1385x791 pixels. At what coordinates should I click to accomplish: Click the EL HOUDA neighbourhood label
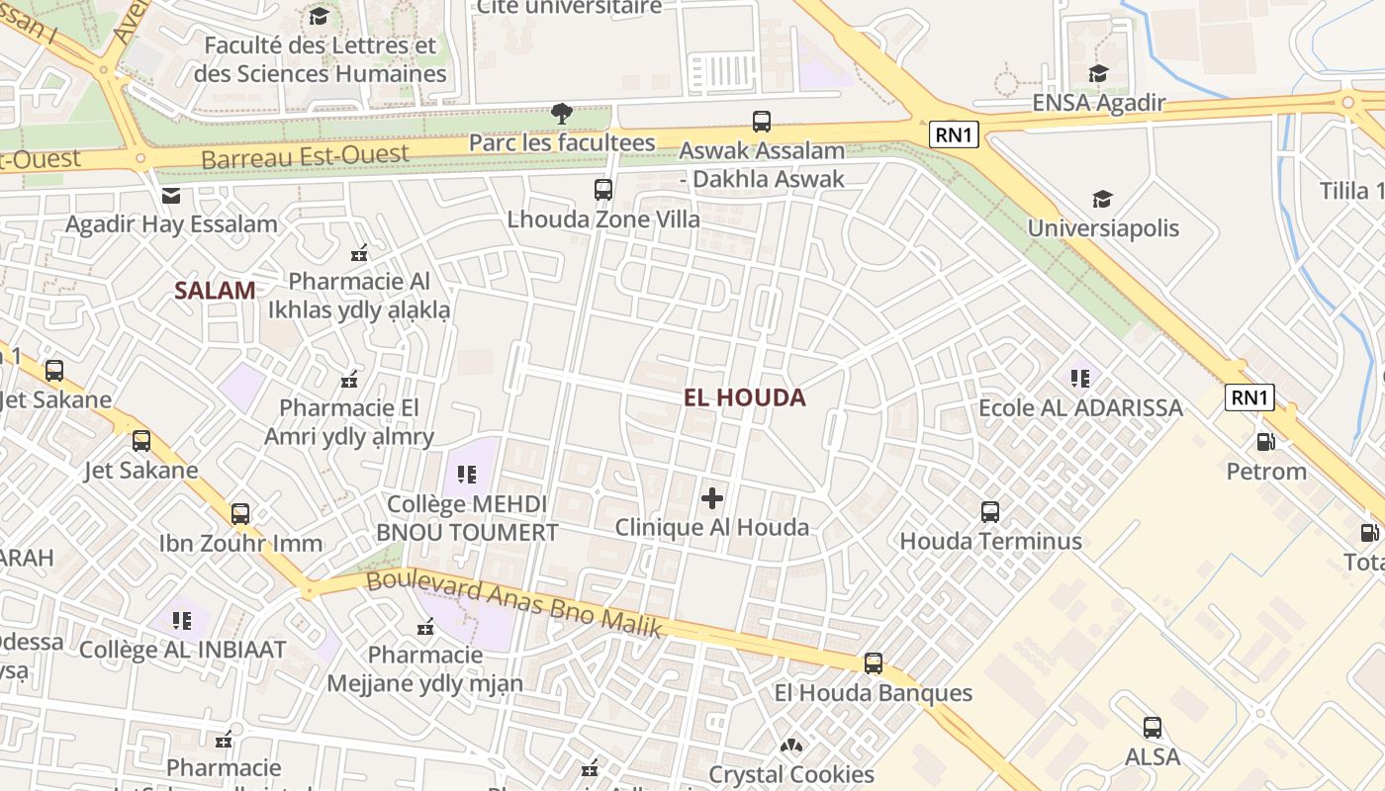pyautogui.click(x=745, y=397)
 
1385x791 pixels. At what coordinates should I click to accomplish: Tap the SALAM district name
pyautogui.click(x=215, y=291)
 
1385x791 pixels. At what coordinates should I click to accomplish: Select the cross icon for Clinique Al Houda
pyautogui.click(x=712, y=498)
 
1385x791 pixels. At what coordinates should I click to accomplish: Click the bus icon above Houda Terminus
pyautogui.click(x=990, y=512)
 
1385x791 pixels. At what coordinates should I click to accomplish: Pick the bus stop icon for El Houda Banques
pyautogui.click(x=874, y=663)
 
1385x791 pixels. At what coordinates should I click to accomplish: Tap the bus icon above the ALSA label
pyautogui.click(x=1153, y=728)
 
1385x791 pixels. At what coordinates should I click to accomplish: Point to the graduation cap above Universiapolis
pyautogui.click(x=1102, y=200)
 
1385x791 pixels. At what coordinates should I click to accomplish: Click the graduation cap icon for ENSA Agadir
pyautogui.click(x=1098, y=74)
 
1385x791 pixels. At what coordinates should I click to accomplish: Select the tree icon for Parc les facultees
pyautogui.click(x=562, y=113)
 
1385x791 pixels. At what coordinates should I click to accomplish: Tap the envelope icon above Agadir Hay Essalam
pyautogui.click(x=171, y=196)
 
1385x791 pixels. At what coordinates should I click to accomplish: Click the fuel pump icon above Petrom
pyautogui.click(x=1265, y=442)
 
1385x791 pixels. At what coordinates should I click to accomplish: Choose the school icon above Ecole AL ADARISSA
pyautogui.click(x=1079, y=378)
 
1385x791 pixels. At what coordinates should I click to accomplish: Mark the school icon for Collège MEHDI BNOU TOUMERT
pyautogui.click(x=467, y=475)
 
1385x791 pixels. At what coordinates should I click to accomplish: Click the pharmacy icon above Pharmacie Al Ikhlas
pyautogui.click(x=359, y=253)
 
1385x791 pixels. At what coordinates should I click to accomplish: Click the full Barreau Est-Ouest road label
pyautogui.click(x=305, y=155)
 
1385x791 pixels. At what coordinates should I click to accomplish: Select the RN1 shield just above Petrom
pyautogui.click(x=1249, y=397)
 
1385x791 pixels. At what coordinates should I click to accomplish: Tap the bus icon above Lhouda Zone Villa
pyautogui.click(x=603, y=190)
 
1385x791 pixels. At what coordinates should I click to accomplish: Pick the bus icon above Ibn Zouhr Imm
pyautogui.click(x=240, y=514)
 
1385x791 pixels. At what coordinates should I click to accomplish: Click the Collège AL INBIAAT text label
pyautogui.click(x=182, y=650)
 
